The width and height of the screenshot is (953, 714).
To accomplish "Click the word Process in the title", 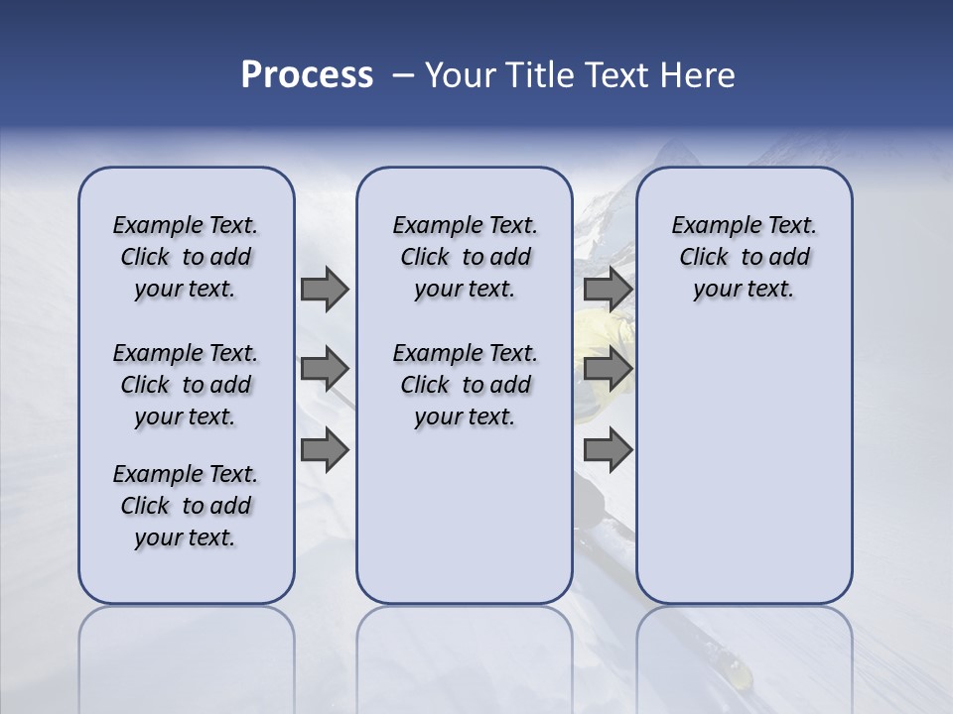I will click(307, 75).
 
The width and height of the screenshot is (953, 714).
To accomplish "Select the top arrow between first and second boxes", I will click(325, 289).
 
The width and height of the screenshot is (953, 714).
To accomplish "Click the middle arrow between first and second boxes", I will click(325, 369).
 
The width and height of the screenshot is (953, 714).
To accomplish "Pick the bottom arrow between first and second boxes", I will click(325, 450).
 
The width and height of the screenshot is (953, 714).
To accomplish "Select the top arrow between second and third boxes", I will click(608, 289).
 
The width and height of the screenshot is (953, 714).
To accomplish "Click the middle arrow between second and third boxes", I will click(608, 369).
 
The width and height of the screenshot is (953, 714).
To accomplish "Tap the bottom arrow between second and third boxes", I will click(608, 450).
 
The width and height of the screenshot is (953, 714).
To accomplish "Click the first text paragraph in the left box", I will click(186, 257).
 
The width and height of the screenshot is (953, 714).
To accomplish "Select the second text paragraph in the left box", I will click(186, 385).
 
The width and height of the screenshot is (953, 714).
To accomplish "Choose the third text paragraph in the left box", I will click(186, 506).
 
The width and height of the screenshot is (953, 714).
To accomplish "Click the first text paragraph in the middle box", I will click(465, 257).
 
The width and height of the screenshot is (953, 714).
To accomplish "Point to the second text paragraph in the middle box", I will click(465, 385).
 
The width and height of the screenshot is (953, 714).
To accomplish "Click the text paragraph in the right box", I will click(744, 257).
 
